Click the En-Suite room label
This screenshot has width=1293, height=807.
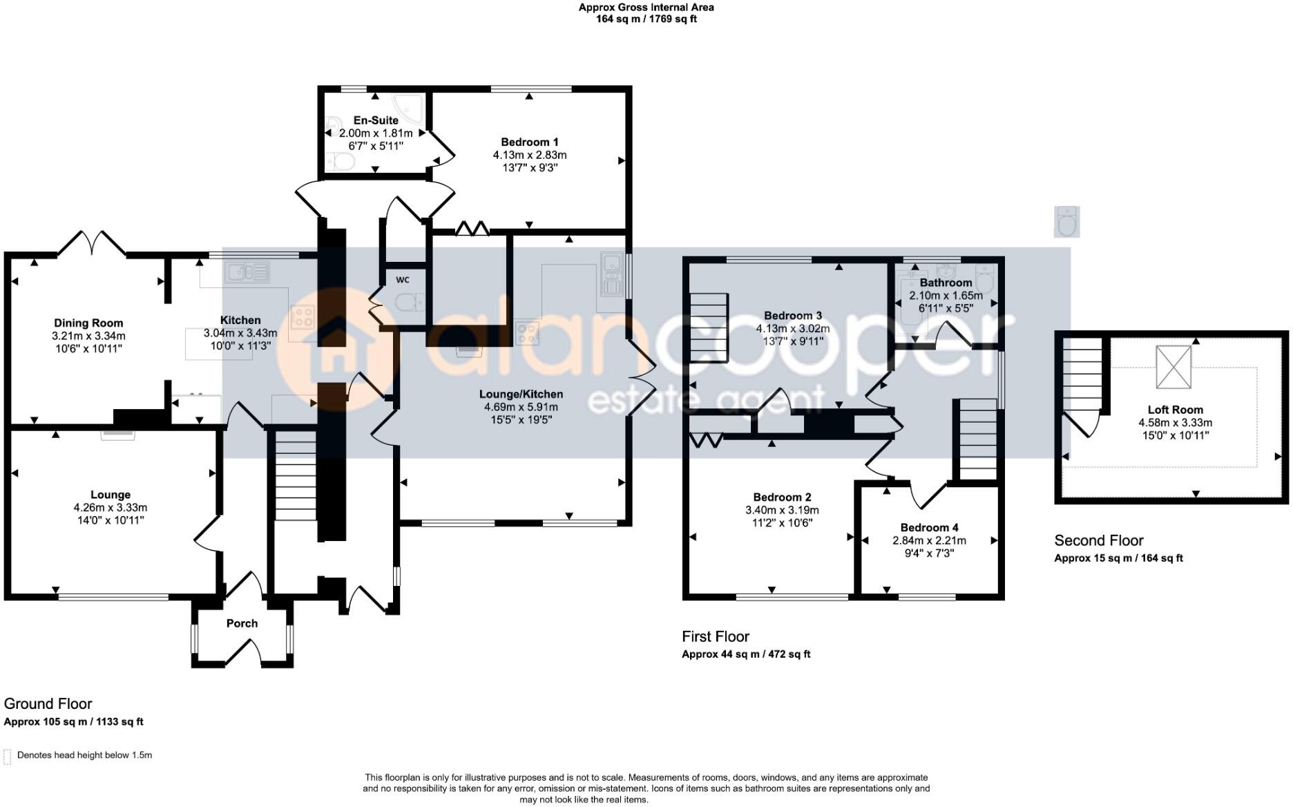[x=376, y=120]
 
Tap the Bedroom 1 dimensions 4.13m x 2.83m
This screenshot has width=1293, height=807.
[x=530, y=155]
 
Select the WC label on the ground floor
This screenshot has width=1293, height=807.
[x=403, y=280]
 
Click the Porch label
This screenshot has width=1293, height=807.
[x=242, y=623]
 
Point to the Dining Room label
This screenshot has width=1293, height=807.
[x=88, y=323]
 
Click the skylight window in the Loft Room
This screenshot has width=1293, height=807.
[x=1174, y=367]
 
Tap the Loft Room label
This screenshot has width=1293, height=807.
[x=1175, y=410]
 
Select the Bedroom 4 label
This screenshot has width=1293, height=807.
[x=929, y=528]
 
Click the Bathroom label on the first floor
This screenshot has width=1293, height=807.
[x=946, y=283]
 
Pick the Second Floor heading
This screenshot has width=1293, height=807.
[x=1098, y=541]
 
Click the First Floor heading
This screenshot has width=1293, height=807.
[x=715, y=636]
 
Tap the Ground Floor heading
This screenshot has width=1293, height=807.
[x=48, y=703]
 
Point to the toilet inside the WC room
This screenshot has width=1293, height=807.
[x=410, y=302]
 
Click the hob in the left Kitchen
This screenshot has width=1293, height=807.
[x=303, y=317]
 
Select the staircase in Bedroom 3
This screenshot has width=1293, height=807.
[x=709, y=327]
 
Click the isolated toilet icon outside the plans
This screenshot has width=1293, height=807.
[x=1066, y=222]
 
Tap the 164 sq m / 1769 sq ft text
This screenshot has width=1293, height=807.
[x=646, y=19]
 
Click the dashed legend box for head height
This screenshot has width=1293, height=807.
[x=8, y=757]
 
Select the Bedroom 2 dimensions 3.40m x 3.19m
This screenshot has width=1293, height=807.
[x=782, y=510]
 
